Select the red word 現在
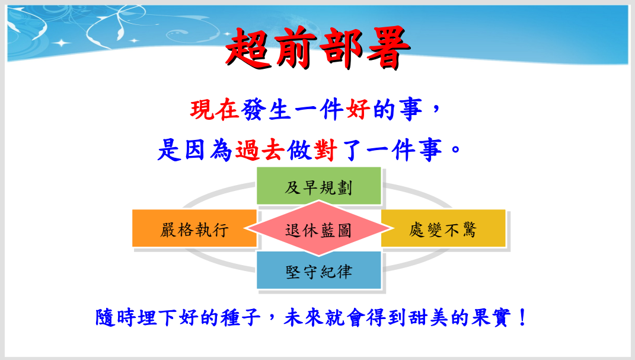(215, 110)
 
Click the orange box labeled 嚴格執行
(194, 229)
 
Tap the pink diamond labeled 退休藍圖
(318, 229)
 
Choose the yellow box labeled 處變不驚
(443, 229)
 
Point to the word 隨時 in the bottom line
(115, 317)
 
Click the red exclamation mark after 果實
(522, 317)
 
